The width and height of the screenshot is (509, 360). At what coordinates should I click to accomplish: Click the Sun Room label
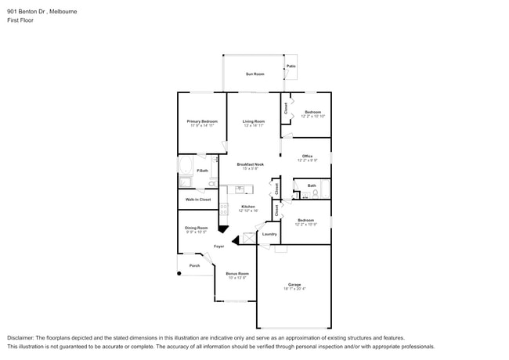pos(254,74)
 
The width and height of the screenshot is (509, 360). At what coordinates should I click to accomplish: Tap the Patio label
pos(291,67)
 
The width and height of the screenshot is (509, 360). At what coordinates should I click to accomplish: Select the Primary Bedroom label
pos(202,121)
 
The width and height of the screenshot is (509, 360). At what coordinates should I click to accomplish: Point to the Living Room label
pos(254,121)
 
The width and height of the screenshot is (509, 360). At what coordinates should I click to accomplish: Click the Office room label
pos(307,157)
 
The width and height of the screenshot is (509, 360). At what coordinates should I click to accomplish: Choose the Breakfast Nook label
pos(251,164)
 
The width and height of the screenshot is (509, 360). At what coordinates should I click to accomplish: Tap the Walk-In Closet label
pos(198,200)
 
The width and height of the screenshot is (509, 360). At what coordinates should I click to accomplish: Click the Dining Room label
pos(197,228)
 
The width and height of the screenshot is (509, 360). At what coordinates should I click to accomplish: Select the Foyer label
pos(219,247)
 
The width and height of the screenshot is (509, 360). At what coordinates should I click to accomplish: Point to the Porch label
pos(194,265)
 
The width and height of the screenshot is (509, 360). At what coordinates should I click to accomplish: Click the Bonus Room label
pos(237,274)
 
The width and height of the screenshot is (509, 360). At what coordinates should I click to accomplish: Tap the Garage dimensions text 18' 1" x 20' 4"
pos(294,289)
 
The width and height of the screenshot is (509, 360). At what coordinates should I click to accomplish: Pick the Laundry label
pos(269,234)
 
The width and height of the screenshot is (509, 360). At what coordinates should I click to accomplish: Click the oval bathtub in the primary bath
pos(186,167)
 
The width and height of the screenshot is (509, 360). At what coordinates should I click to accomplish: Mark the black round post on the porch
pos(179,274)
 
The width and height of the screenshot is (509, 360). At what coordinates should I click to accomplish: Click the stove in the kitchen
pos(223,209)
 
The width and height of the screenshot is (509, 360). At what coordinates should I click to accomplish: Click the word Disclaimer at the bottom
pos(20,337)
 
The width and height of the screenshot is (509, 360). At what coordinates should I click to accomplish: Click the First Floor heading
pos(19,21)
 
